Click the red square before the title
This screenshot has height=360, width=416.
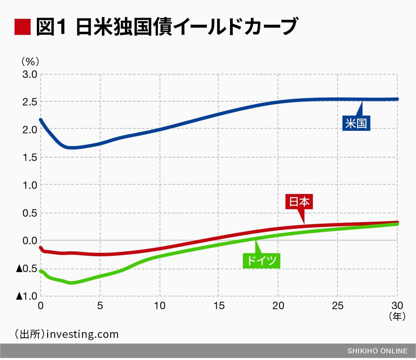(22, 27)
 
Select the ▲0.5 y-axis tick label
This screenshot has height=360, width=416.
(26, 269)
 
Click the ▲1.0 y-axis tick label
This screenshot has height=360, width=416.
(26, 296)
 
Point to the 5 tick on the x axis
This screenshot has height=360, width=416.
(100, 306)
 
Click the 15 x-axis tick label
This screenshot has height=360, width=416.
(219, 306)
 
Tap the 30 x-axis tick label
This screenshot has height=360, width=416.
(397, 306)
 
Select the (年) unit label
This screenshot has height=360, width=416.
(397, 316)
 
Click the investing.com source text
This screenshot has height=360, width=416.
(82, 334)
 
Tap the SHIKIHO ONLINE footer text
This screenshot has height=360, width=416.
(377, 351)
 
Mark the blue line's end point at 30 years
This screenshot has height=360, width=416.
(397, 99)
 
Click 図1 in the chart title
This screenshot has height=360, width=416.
(51, 27)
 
